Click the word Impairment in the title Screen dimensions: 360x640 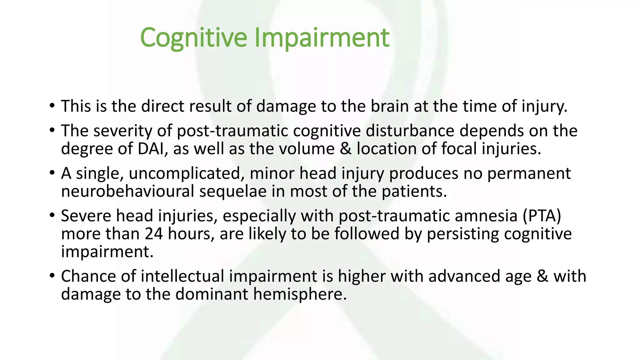point(322,38)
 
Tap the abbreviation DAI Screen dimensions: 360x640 point(151,149)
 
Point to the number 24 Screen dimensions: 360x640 point(154,234)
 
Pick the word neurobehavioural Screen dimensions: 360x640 point(127,191)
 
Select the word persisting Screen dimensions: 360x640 point(463,234)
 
